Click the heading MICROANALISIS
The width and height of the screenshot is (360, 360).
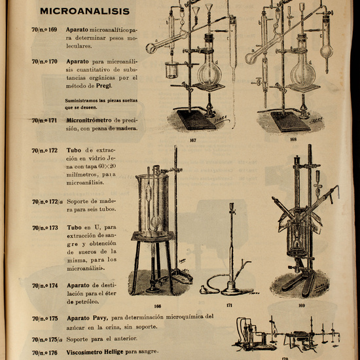click(84, 11)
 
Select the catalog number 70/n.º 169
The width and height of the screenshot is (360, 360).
click(45, 30)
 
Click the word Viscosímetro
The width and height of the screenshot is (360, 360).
click(90, 353)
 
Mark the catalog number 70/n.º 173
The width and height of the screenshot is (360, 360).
click(45, 228)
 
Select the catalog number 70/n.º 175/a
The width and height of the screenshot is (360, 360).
click(46, 338)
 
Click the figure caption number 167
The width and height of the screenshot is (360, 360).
click(193, 139)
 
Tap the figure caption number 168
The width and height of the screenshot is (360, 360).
click(293, 139)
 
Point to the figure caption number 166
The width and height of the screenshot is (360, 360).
click(157, 306)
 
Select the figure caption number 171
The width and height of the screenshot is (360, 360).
click(229, 306)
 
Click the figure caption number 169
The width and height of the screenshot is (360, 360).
click(302, 306)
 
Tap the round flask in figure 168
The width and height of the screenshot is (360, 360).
click(302, 69)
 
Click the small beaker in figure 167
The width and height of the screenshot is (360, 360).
click(171, 69)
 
